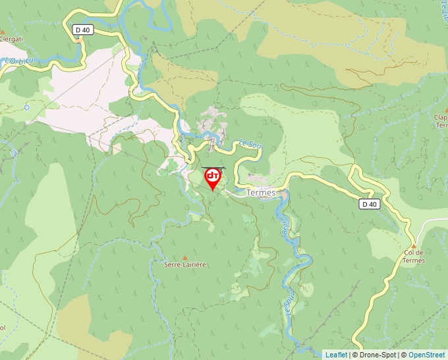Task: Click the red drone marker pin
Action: tap(213, 178)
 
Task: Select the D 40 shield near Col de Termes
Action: tap(370, 204)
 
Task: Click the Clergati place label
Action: tap(11, 39)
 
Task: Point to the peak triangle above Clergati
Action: tap(3, 32)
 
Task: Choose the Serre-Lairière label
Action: tap(185, 265)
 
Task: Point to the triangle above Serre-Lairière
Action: tap(185, 257)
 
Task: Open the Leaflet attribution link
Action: tap(336, 355)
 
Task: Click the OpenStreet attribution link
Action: tap(426, 355)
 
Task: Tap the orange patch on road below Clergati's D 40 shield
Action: tap(80, 41)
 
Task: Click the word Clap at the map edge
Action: tap(440, 118)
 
